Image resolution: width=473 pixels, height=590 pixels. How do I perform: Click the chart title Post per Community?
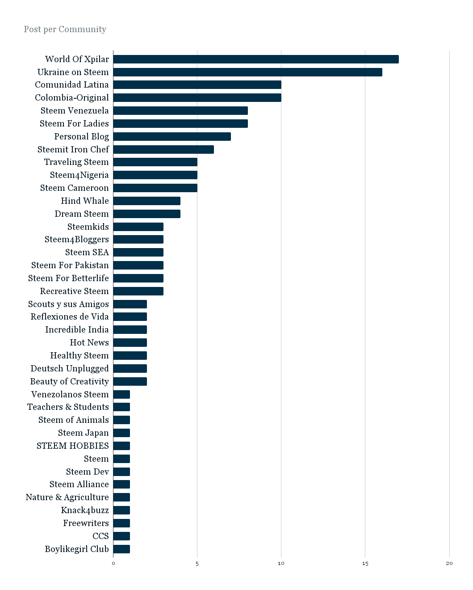pos(65,29)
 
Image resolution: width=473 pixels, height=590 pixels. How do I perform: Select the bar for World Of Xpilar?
pos(256,59)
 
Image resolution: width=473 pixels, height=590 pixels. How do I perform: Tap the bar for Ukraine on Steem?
pos(248,72)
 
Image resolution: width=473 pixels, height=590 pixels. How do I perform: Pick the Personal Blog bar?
pos(172,136)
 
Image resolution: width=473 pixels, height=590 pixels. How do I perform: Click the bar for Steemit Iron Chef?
pos(163,149)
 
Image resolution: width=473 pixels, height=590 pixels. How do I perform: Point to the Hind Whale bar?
pos(147,201)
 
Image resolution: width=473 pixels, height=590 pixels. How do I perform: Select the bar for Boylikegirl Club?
pos(121,549)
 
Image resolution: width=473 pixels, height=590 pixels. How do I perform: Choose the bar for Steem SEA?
pos(138,252)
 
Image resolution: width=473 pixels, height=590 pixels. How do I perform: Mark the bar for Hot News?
pos(130,342)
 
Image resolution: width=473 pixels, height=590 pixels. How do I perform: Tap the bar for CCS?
pos(121,536)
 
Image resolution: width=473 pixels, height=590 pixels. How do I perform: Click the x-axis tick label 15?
pos(365,564)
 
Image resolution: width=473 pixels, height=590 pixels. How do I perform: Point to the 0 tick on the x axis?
pos(113,564)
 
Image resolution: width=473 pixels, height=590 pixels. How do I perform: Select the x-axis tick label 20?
pos(449,564)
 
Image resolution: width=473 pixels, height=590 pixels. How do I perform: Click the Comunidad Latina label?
pos(72,85)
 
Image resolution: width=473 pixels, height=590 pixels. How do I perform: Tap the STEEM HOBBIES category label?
pos(73,446)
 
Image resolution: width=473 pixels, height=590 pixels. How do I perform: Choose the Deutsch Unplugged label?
pos(70,368)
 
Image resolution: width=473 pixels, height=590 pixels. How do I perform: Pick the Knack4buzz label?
pos(85,510)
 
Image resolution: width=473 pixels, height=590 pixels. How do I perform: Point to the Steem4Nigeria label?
pos(79,175)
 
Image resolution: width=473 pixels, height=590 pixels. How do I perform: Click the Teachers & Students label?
pos(68,407)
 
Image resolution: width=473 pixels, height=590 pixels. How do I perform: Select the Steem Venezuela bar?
pos(180,111)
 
